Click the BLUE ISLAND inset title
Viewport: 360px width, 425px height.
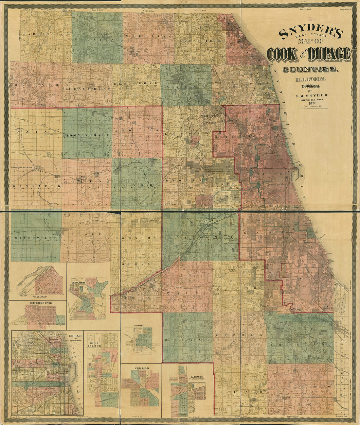click(x=95, y=344)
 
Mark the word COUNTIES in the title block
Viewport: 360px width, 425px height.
click(x=309, y=69)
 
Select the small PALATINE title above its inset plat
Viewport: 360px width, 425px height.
click(x=141, y=326)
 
